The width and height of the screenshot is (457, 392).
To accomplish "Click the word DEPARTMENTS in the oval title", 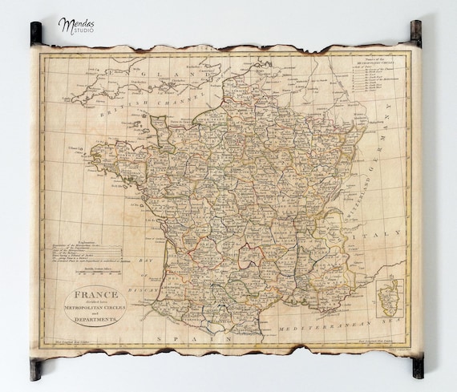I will pyautogui.click(x=95, y=319).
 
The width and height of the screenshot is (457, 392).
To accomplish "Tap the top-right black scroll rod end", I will pyautogui.click(x=416, y=31).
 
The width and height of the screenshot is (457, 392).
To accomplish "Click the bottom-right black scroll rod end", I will pyautogui.click(x=417, y=367).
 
